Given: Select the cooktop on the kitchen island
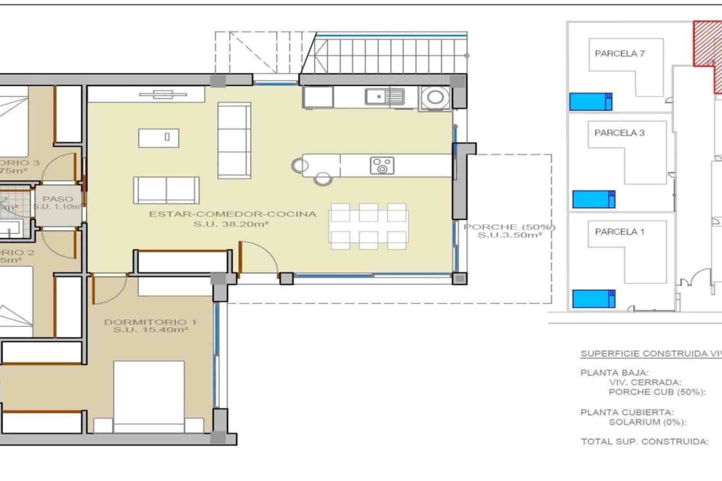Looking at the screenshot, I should tap(382, 166).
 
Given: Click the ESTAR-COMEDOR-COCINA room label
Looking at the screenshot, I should tap(233, 214).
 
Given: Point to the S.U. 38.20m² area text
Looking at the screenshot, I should tap(231, 224).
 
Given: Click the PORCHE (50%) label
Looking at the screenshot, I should tap(509, 227).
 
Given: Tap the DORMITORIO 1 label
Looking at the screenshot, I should tap(150, 322).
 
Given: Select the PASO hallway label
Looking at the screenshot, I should tap(58, 199).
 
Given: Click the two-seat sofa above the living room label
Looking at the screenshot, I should tap(166, 190).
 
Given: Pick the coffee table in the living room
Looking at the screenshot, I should tap(158, 138).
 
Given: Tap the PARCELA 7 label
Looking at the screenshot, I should tap(620, 54).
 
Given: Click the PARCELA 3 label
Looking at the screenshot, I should tap(619, 133).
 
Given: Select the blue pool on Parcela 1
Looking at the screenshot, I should tap(593, 299).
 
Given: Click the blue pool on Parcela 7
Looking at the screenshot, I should tap(590, 102).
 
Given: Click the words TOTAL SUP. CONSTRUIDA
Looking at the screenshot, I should tap(644, 442).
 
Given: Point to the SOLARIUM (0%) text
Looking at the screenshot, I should tap(647, 422).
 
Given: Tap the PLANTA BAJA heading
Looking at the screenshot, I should tap(614, 373).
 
